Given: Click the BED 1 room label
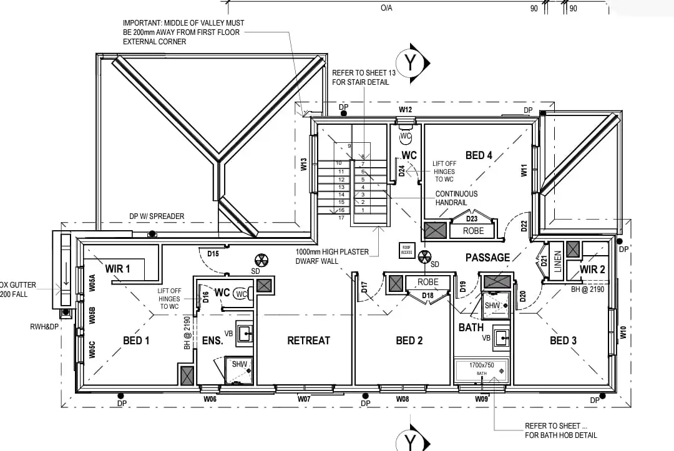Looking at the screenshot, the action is [136, 341].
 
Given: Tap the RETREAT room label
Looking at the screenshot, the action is [308, 341].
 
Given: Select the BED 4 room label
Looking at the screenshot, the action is [479, 155].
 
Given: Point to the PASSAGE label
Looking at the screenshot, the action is [487, 257].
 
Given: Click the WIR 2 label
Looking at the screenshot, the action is [592, 269].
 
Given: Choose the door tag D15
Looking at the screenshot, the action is [213, 254].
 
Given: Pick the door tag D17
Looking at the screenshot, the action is [363, 288].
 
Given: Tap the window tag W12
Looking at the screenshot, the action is [406, 110].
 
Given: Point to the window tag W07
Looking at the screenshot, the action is [304, 399].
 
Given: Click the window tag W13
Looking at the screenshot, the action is [304, 164].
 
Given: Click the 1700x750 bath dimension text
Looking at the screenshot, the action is [481, 365].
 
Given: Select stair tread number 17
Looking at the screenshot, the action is [341, 218].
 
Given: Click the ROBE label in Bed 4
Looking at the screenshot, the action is [473, 231].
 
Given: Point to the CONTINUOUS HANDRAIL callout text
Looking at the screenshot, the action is [456, 198].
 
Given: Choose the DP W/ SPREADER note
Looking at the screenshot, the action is [157, 216].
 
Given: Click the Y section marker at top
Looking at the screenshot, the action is [410, 63].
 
